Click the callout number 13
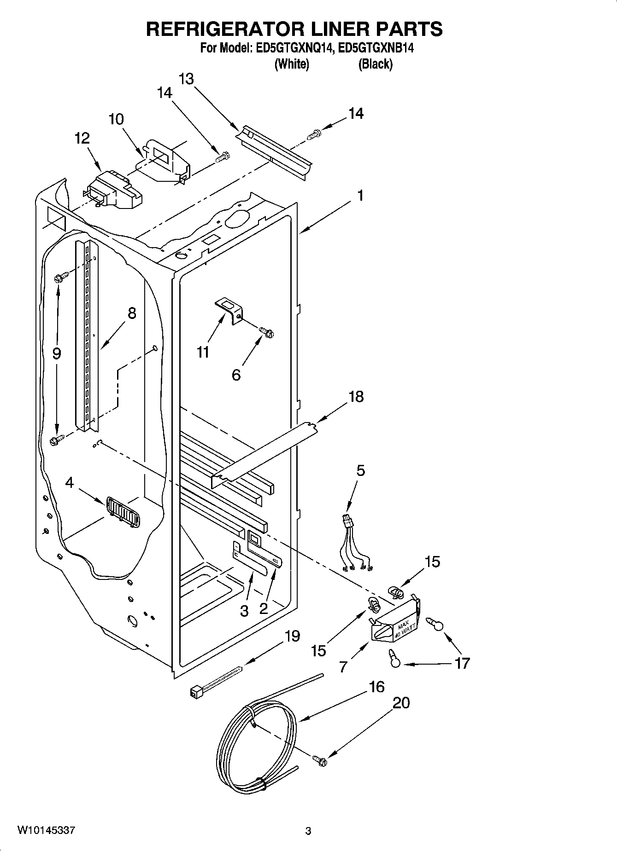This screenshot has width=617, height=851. (x=186, y=79)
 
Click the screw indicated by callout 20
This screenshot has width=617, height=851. (x=319, y=762)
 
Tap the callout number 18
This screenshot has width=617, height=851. (x=356, y=396)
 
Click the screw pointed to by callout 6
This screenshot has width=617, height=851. (x=267, y=331)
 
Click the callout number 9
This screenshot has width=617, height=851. (x=56, y=353)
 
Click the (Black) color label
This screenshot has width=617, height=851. (x=375, y=64)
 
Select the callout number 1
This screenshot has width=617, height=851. (x=360, y=196)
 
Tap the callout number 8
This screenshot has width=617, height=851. (x=132, y=313)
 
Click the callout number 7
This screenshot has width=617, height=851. (x=343, y=666)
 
